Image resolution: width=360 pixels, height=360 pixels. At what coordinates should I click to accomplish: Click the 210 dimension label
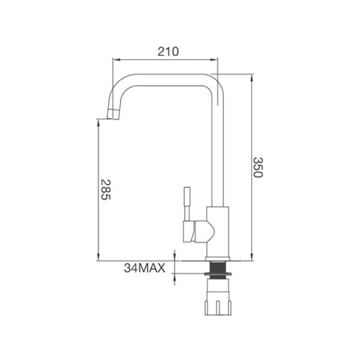click(168, 52)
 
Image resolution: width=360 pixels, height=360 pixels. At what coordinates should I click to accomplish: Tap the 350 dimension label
click(258, 167)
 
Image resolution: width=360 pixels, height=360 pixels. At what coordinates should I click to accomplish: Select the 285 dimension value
click(105, 190)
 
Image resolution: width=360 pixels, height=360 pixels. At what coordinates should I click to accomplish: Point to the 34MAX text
click(145, 268)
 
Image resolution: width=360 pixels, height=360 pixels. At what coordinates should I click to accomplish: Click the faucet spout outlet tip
click(113, 118)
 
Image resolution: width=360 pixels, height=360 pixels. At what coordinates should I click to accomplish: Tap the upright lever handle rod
click(187, 204)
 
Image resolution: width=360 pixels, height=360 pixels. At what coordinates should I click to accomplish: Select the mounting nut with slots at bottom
click(218, 307)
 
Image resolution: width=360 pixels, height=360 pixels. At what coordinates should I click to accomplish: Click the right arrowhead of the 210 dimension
click(214, 60)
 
